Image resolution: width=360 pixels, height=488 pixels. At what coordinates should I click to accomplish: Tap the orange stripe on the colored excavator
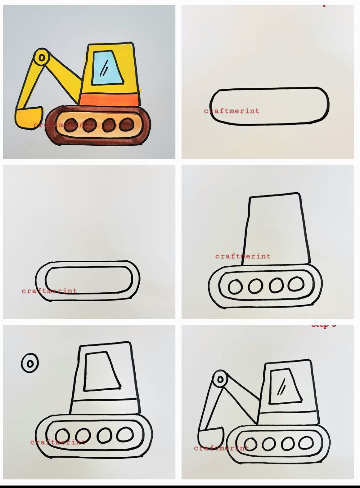coord(109,100)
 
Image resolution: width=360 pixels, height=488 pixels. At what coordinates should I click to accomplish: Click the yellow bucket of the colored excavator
coord(29,118)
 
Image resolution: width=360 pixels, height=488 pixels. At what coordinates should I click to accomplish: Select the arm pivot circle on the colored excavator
coord(41,58)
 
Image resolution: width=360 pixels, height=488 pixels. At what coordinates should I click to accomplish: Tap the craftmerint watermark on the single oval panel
coord(232,111)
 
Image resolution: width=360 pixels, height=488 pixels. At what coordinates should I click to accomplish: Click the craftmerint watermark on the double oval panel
coord(49,291)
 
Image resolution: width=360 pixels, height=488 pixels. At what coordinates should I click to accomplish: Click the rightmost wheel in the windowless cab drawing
coord(296,284)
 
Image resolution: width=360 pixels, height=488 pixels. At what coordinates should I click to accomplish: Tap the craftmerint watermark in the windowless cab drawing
coord(243,256)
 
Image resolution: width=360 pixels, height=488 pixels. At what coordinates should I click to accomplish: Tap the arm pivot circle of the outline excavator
coord(220,379)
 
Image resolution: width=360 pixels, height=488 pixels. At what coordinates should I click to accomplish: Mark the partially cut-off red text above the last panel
coord(323,326)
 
